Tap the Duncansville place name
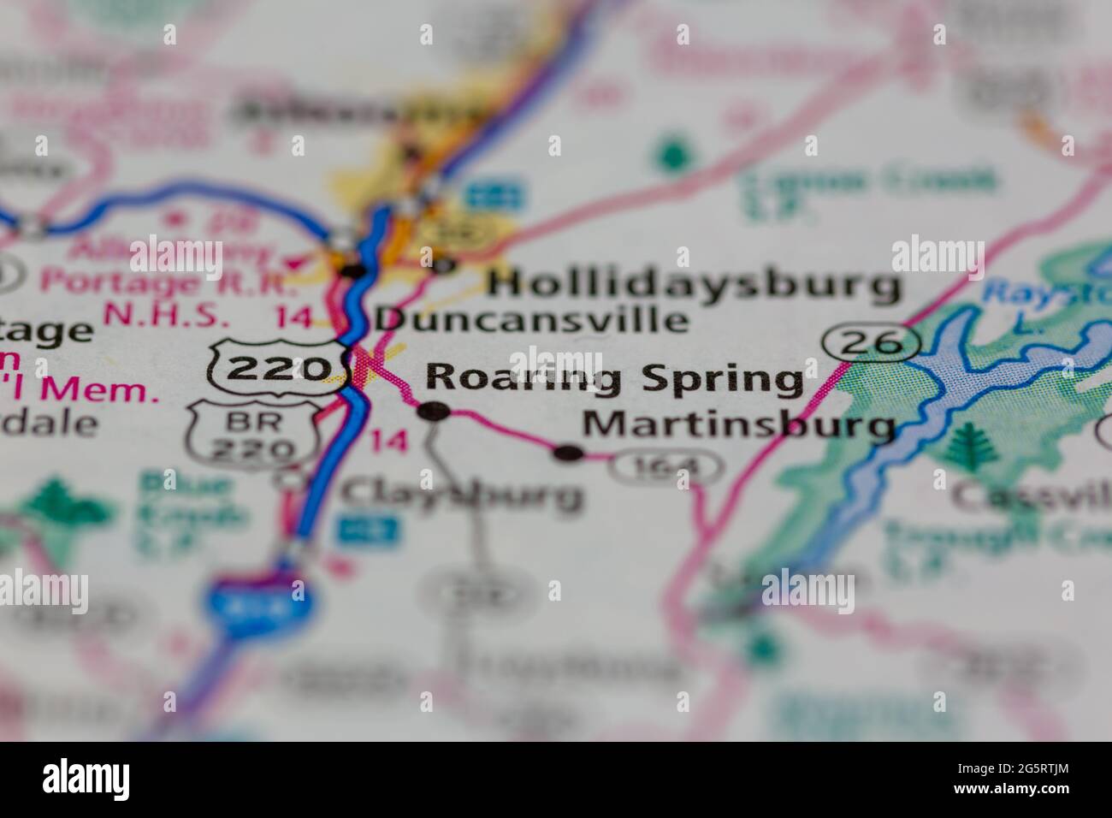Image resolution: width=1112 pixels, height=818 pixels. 532,320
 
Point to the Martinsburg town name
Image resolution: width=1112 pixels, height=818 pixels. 739,424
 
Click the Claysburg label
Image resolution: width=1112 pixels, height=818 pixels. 462,493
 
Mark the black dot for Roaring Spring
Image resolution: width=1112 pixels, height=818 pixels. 434,412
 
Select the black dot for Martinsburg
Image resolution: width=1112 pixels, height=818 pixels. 569,453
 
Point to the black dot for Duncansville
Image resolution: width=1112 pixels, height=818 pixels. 353,271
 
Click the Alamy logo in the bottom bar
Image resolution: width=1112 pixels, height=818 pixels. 86,779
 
